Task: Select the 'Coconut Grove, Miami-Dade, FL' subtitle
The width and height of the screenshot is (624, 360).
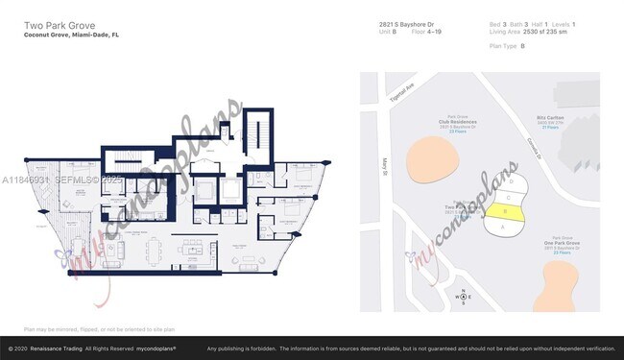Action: pyautogui.click(x=71, y=35)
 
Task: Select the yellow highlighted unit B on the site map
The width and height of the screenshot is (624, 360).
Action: pyautogui.click(x=510, y=212)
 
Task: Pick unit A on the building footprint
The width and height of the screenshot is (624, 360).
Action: pyautogui.click(x=501, y=227)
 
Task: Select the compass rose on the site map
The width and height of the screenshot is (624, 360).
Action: pyautogui.click(x=464, y=297)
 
